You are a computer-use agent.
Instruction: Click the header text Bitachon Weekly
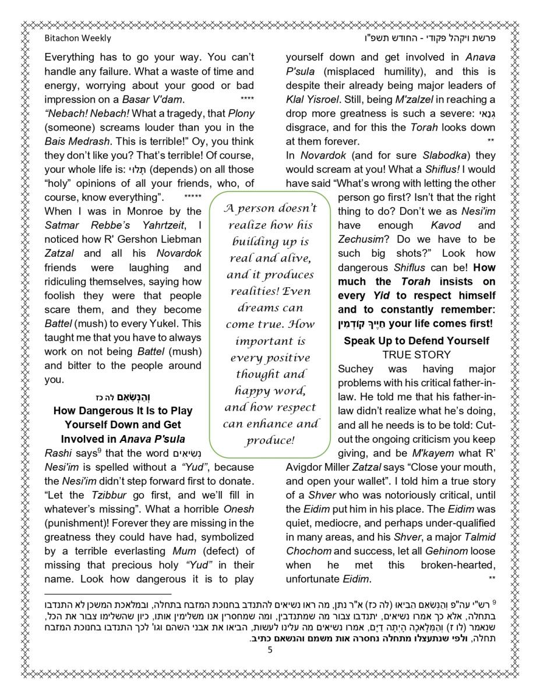pyautogui.click(x=77, y=38)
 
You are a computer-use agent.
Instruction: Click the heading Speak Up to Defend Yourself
pyautogui.click(x=417, y=341)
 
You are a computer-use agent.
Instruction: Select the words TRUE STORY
pyautogui.click(x=417, y=354)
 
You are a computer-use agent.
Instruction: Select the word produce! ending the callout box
pyautogui.click(x=270, y=440)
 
